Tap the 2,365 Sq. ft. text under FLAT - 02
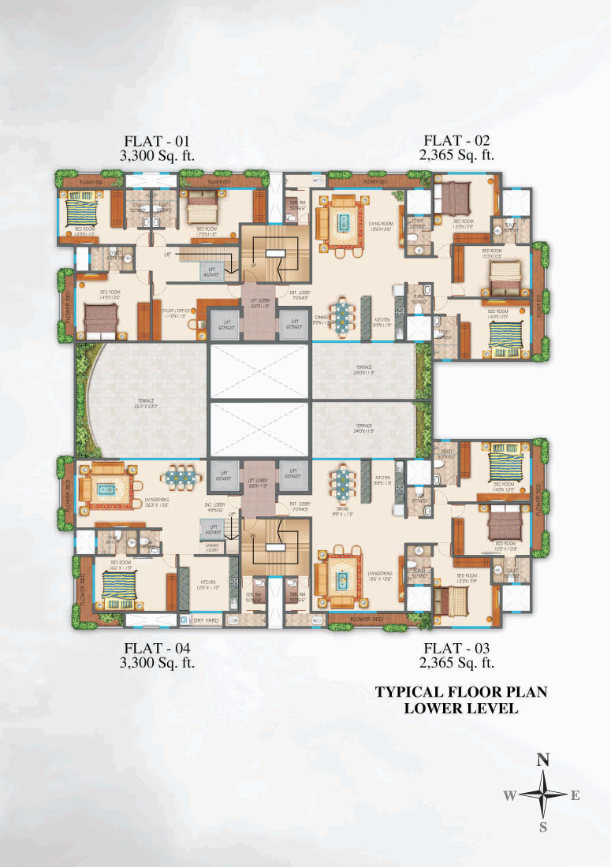[x=458, y=154]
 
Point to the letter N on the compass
[x=542, y=760]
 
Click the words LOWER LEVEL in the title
[x=460, y=708]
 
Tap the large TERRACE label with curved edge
[x=142, y=403]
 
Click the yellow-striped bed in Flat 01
[x=79, y=211]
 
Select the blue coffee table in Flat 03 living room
[x=341, y=579]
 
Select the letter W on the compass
[x=509, y=795]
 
